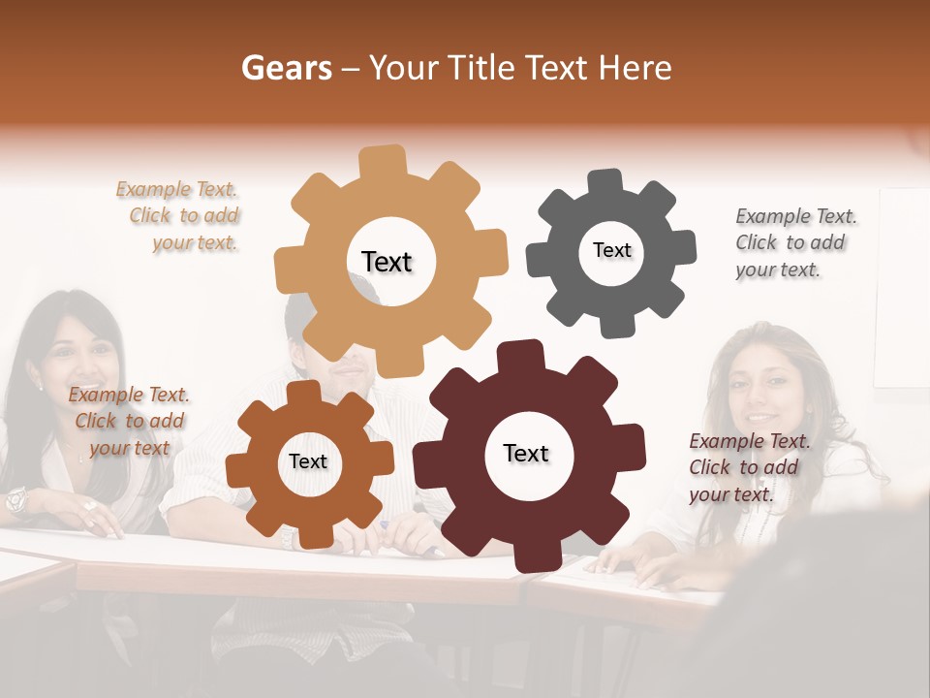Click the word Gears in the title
pos(286,68)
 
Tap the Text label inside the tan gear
pos(387,262)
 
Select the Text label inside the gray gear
pos(611,250)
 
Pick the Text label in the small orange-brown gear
pos(308,461)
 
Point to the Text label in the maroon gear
pos(526,453)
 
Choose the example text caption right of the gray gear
pos(793,242)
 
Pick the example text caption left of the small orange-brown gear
pos(129,421)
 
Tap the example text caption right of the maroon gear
pos(748,467)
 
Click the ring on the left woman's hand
pos(89,505)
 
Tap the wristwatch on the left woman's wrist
pos(15,500)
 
